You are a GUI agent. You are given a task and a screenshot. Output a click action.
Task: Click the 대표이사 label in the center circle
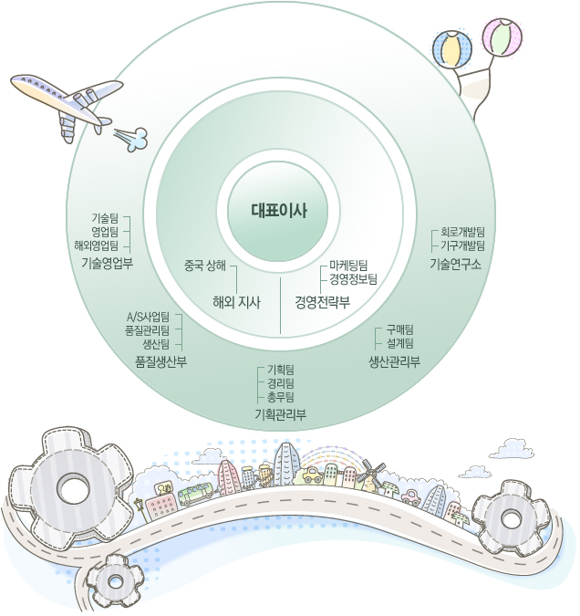point(279,210)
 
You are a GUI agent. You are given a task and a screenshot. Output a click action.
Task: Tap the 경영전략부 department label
point(323,301)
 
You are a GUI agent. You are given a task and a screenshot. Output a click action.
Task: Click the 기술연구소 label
point(455,263)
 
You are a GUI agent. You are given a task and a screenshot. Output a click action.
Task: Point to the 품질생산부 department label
point(161,361)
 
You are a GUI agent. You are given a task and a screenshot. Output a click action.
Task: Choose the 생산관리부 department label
point(394,361)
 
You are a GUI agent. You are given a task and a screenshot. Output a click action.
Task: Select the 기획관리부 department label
point(280,415)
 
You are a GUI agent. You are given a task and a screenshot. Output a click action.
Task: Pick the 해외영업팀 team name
point(97,245)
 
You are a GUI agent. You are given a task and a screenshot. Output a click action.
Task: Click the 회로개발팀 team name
point(462,232)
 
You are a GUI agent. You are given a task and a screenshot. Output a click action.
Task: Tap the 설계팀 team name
point(399,343)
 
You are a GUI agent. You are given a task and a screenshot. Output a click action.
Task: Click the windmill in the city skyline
point(369,474)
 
